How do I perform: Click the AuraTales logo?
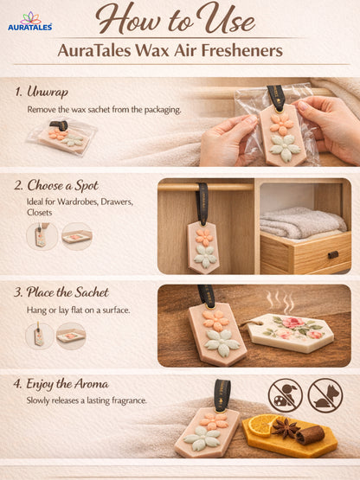(29, 22)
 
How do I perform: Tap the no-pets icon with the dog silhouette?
(325, 394)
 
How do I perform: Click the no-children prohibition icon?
(285, 394)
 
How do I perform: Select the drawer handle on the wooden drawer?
(332, 254)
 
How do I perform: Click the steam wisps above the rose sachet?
(279, 303)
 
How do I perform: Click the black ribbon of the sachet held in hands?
(276, 97)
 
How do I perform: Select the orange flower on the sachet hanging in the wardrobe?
(204, 236)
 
